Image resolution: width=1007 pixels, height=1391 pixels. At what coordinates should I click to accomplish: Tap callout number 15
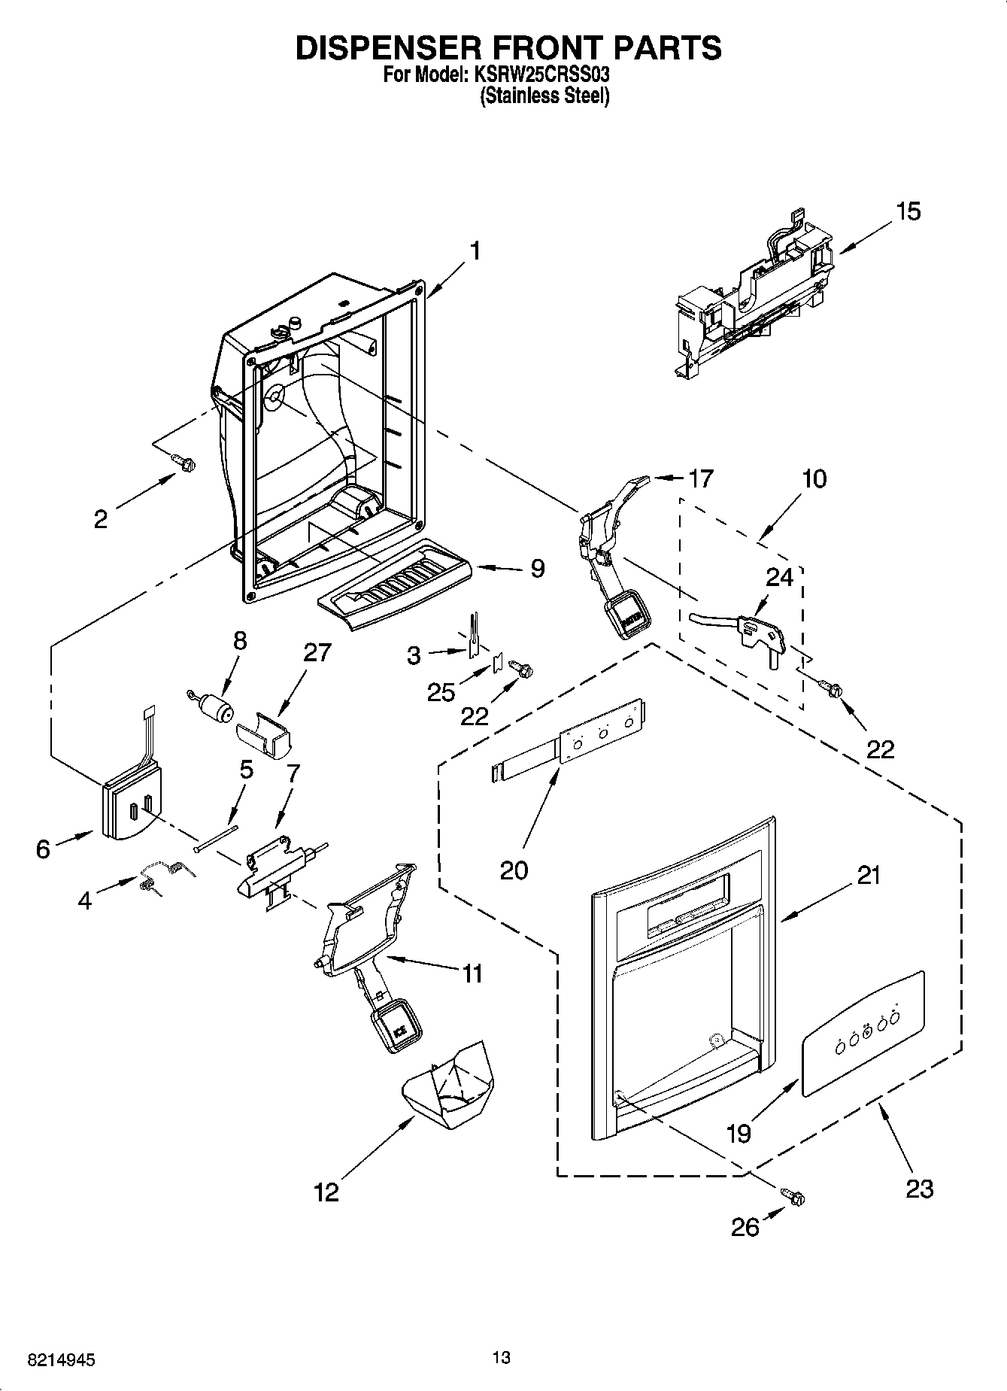[908, 212]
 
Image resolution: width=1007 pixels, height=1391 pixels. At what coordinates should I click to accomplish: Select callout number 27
[317, 652]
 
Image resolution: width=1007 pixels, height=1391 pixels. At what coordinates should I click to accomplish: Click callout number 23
[919, 1189]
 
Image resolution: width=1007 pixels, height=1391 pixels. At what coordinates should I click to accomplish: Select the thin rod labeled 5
[215, 837]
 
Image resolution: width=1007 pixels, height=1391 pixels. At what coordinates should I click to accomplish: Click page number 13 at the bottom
[502, 1357]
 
